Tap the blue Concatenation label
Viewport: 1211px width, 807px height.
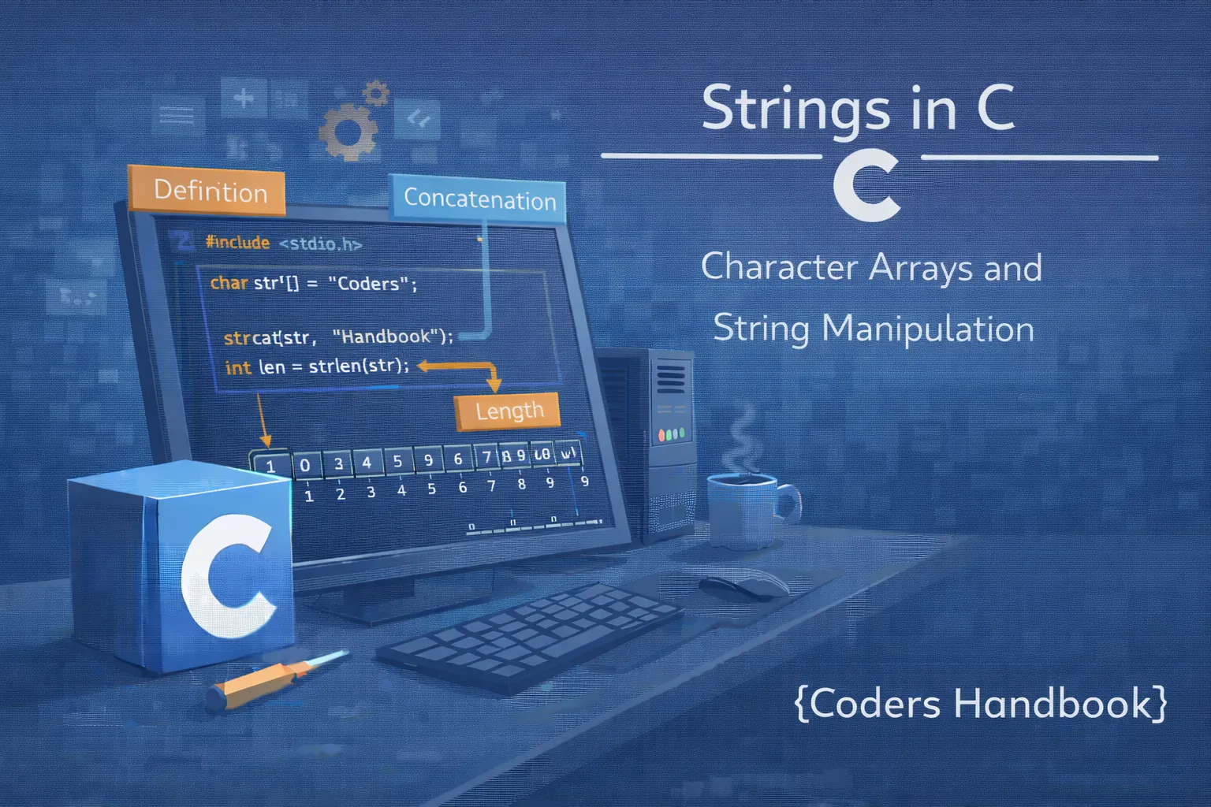pyautogui.click(x=479, y=199)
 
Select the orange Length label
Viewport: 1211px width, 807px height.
pyautogui.click(x=509, y=411)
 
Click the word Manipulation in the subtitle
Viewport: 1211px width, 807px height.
pyautogui.click(x=927, y=329)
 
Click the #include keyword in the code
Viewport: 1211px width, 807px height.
pyautogui.click(x=237, y=243)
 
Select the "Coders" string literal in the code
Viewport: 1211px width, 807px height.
pyautogui.click(x=368, y=284)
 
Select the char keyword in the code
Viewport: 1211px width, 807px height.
pyautogui.click(x=229, y=282)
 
